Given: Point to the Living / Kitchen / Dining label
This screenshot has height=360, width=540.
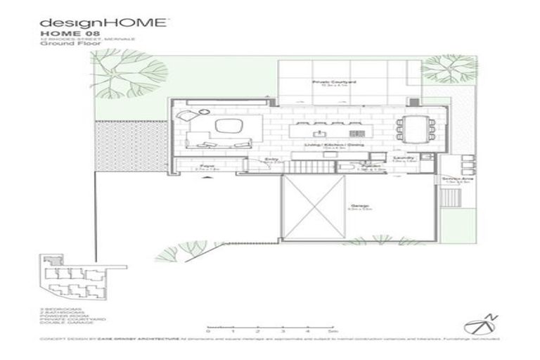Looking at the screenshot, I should [x=322, y=145].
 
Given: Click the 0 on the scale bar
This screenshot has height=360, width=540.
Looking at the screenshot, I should [x=209, y=330].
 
